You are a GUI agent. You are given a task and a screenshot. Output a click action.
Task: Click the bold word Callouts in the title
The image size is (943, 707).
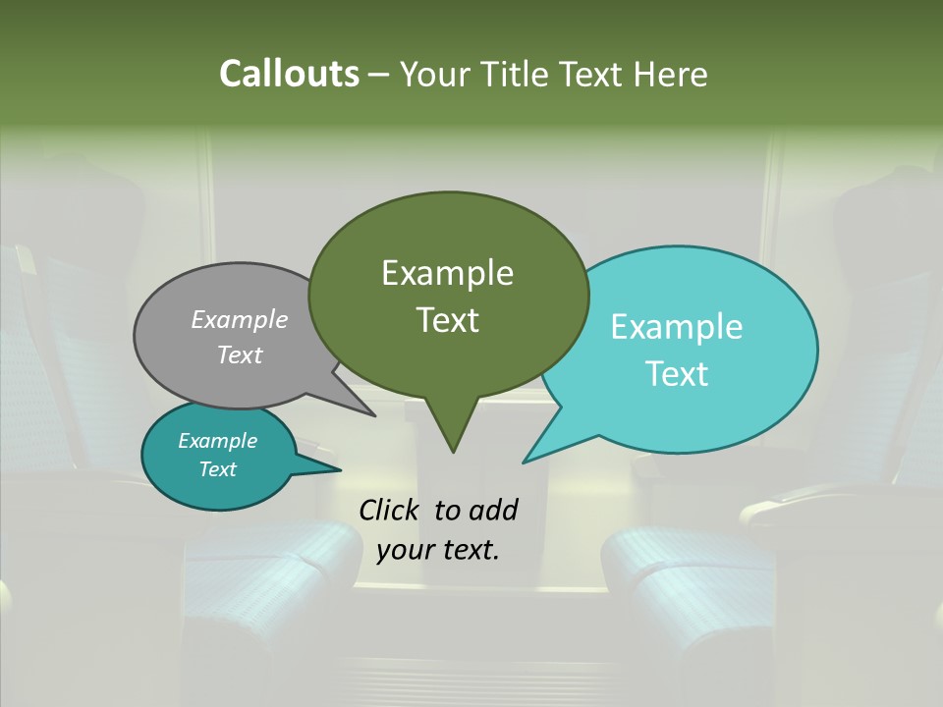click(289, 74)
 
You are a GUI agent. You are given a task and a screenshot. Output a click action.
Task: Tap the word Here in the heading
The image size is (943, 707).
click(671, 74)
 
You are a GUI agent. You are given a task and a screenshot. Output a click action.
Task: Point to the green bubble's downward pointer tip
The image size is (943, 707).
click(453, 452)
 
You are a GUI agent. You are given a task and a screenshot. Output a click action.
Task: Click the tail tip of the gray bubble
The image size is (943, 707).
click(374, 415)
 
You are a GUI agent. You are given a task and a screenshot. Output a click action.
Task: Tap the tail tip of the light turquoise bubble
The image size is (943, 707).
click(524, 462)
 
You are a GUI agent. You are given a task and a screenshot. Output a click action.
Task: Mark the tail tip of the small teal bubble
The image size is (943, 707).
click(340, 468)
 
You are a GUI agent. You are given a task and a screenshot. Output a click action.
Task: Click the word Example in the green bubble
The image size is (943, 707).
click(447, 273)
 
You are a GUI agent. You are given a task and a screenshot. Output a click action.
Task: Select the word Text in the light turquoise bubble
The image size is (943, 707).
click(678, 374)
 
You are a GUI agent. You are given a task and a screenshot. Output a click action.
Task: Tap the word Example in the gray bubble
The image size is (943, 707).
click(240, 319)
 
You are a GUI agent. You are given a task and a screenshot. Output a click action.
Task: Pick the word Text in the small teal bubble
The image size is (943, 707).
click(218, 469)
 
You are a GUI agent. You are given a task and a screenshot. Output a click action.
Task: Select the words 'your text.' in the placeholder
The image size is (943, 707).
click(438, 550)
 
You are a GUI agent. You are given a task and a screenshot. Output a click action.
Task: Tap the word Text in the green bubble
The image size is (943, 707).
click(447, 320)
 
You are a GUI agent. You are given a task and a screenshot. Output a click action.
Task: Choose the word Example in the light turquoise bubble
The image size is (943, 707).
click(677, 327)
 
